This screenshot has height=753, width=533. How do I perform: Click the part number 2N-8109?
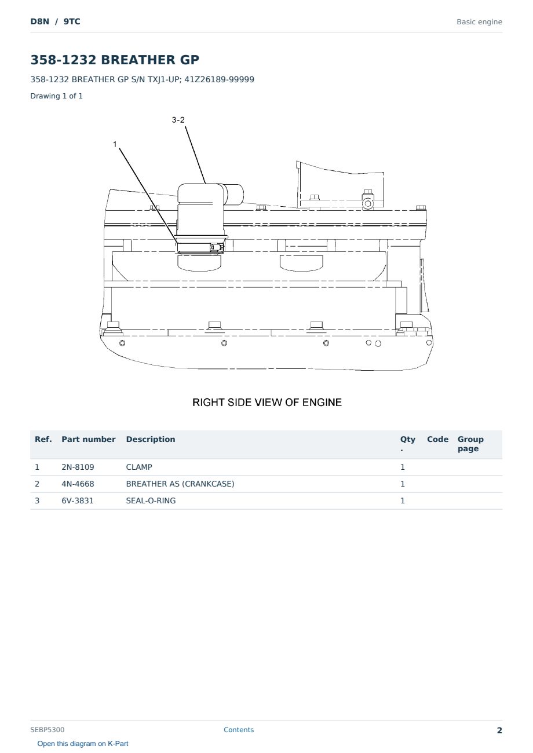pos(78,467)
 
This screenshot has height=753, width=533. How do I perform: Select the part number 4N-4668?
pos(78,484)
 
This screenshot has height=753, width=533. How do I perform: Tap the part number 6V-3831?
pos(78,500)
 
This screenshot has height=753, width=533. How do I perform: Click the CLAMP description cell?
pos(139,467)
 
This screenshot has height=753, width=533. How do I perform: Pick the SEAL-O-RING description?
pos(151,500)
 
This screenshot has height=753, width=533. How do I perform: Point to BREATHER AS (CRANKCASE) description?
pos(180,484)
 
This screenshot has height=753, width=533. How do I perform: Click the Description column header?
pos(150,440)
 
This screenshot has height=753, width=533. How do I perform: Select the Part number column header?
pos(89,440)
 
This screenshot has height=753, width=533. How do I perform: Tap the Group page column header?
pos(470,444)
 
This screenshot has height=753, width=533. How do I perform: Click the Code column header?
pos(437,440)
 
